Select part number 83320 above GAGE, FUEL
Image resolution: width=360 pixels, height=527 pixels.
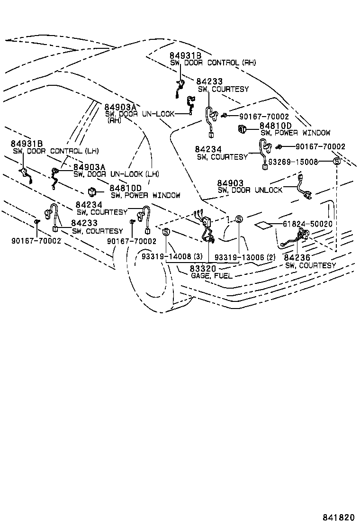click(203, 269)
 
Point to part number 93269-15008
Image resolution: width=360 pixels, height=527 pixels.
click(293, 162)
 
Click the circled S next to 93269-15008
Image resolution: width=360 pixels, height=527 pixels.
click(337, 162)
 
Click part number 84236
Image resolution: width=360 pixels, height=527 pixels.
click(297, 258)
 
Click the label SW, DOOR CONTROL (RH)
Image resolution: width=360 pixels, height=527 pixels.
click(213, 63)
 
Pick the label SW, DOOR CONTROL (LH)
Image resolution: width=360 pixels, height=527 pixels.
click(55, 151)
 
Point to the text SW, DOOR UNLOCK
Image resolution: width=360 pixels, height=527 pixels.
click(250, 190)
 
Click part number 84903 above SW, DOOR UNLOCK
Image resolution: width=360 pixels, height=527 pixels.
click(230, 183)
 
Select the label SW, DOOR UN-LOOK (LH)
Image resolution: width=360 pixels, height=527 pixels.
click(116, 174)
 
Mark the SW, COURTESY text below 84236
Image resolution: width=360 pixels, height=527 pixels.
click(310, 265)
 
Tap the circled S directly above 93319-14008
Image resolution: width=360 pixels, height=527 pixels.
click(166, 232)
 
